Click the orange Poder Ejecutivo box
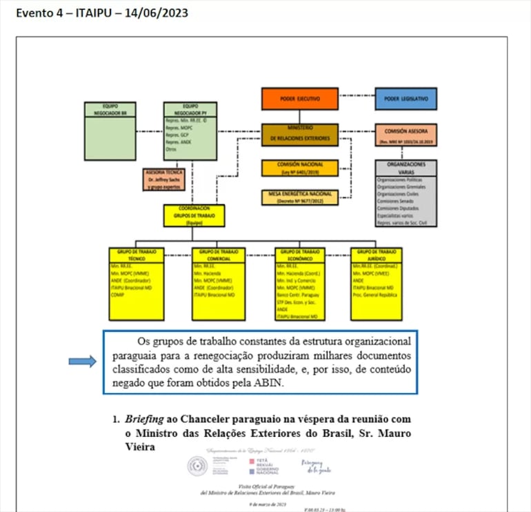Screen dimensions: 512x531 point(299,99)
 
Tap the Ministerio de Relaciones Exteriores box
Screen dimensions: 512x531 point(299,134)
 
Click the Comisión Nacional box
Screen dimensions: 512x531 point(299,168)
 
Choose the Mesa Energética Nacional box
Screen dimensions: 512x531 point(299,197)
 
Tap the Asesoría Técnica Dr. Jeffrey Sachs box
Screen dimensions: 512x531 point(163,179)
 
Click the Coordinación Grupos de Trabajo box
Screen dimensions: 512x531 point(194,215)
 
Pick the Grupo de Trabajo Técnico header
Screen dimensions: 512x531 point(136,254)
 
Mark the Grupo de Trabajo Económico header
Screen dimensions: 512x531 point(299,254)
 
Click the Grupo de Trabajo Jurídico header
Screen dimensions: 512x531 point(376,254)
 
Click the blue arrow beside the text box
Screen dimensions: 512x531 point(82,362)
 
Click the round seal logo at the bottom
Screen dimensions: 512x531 point(197,466)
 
